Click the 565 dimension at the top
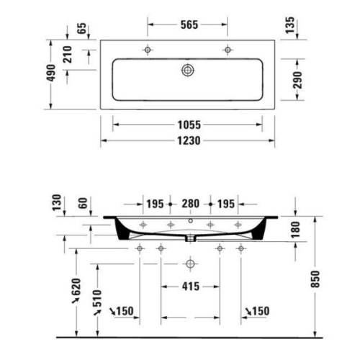(189, 24)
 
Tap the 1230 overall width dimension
(189, 140)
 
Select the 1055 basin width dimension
(189, 125)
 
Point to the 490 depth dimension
(52, 73)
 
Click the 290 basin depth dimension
(297, 80)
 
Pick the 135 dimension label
(290, 25)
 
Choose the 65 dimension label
(81, 28)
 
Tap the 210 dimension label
(68, 55)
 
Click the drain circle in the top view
(188, 70)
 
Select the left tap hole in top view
(148, 50)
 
